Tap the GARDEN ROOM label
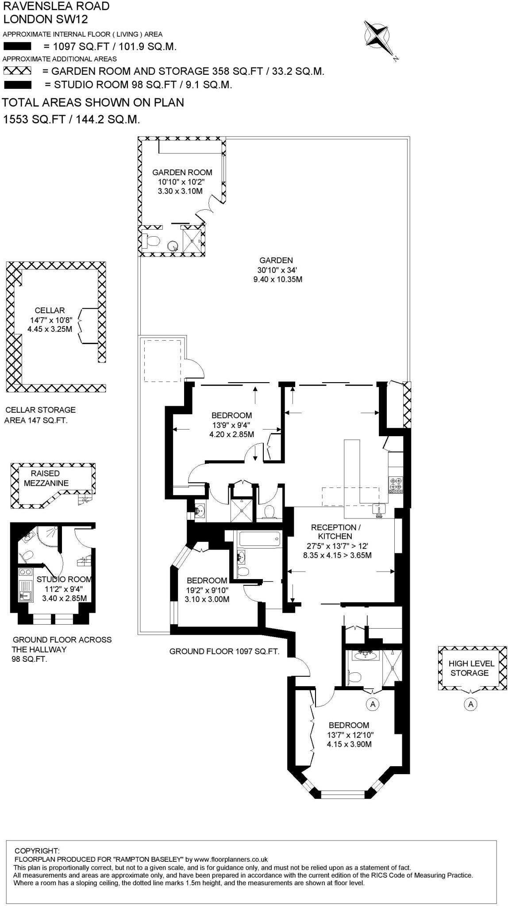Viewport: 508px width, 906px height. click(x=182, y=173)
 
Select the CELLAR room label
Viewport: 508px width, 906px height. click(x=50, y=311)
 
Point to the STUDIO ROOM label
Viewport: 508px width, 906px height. click(x=64, y=579)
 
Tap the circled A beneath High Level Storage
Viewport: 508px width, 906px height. click(x=470, y=704)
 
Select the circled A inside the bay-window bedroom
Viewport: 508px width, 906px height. click(x=373, y=703)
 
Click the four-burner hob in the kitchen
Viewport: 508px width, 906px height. click(x=396, y=484)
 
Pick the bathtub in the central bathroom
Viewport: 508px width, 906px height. click(x=259, y=539)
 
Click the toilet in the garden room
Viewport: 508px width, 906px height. click(x=152, y=241)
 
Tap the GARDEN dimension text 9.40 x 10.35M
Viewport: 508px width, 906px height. click(x=277, y=280)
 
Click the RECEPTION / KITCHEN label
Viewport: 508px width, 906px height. click(x=335, y=532)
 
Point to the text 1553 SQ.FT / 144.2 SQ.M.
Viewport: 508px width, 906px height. click(x=71, y=119)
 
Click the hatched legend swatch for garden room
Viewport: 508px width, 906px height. click(x=17, y=71)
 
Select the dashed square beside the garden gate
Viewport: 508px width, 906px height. click(x=163, y=361)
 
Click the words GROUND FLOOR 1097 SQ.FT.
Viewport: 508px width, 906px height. click(x=224, y=651)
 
